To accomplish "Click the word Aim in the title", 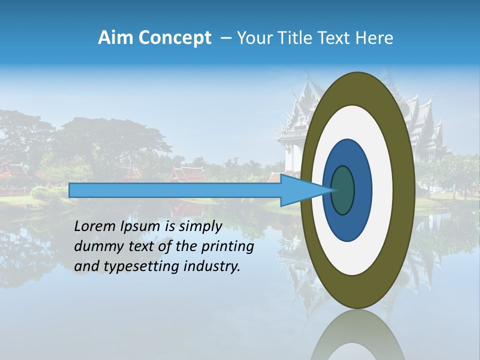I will (114, 38).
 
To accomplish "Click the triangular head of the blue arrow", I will (300, 190).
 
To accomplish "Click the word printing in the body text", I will (227, 247).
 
